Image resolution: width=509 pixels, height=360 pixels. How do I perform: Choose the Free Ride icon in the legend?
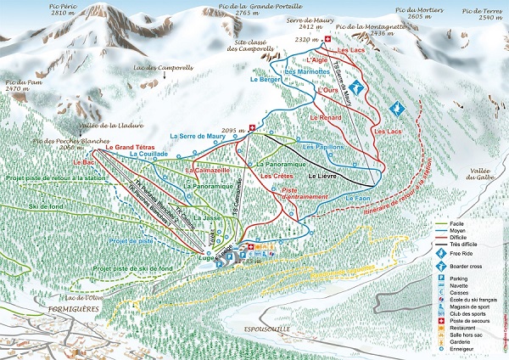tap(442, 252)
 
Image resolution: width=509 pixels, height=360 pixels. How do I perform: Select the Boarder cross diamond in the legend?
tap(442, 265)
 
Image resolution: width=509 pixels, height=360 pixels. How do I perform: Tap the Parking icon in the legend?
tap(442, 278)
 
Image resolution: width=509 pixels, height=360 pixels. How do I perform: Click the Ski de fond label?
tap(46, 207)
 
